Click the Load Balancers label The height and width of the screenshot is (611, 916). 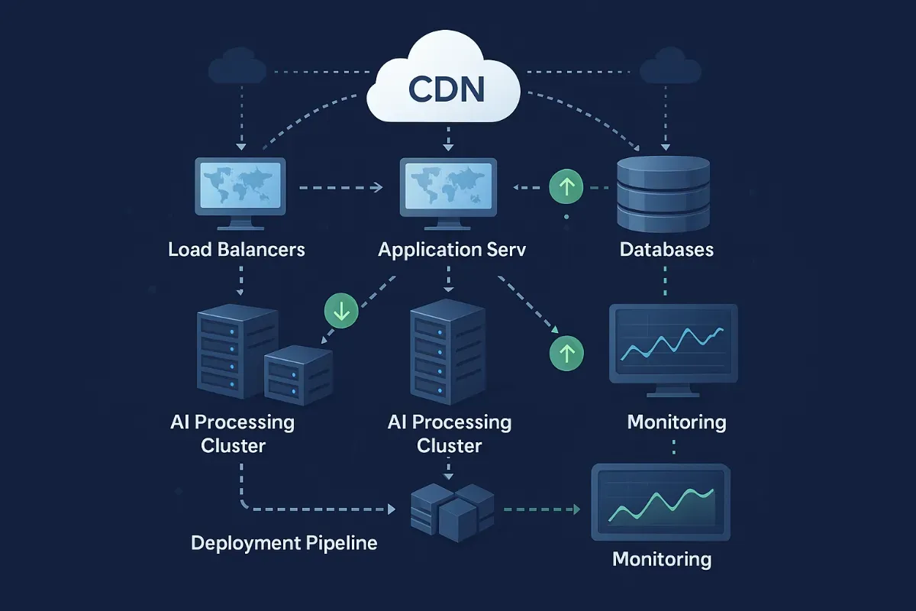pos(237,250)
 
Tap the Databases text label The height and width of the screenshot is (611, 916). pos(666,250)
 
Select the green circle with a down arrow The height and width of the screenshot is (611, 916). pos(341,310)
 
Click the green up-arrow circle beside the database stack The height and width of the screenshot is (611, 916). pos(566,186)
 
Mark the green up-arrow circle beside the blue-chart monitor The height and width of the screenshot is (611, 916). pos(566,352)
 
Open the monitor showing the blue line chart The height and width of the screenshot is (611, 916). pos(672,347)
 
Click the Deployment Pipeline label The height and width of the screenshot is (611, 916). pos(284,543)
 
